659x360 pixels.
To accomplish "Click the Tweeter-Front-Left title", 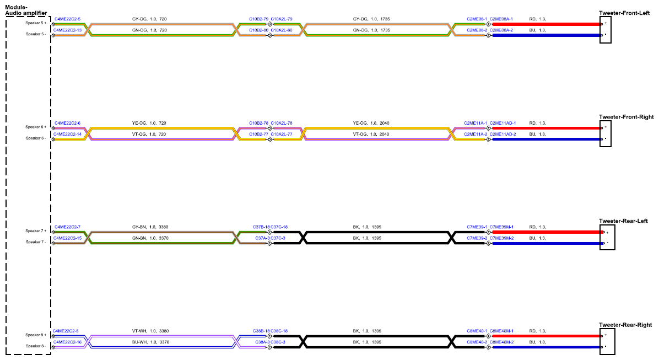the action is [x=624, y=13].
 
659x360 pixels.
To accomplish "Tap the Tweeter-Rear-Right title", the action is [x=625, y=325].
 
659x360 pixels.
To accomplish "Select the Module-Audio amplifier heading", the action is [x=26, y=10].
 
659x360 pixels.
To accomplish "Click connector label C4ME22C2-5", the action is [x=67, y=19].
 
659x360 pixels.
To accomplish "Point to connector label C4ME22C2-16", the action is [x=67, y=342].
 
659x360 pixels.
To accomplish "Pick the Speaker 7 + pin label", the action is [x=36, y=231].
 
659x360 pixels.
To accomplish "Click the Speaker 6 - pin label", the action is [x=36, y=138].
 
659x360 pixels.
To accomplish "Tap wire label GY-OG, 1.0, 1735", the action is [x=371, y=19].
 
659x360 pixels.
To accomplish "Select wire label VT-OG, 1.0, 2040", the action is [x=371, y=134].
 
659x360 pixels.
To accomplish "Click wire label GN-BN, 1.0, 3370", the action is [x=150, y=238].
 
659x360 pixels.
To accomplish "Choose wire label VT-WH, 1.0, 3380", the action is [x=150, y=331].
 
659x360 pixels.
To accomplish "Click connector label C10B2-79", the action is [x=258, y=19].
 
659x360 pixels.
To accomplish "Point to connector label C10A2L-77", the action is [x=282, y=134].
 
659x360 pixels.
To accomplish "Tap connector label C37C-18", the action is [x=279, y=227].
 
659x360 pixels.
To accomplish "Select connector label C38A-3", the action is [x=262, y=342].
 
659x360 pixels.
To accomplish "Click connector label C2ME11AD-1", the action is [x=503, y=123].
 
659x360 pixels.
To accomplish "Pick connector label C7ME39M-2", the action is [x=501, y=238].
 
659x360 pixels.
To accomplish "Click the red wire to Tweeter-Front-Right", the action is [x=547, y=128].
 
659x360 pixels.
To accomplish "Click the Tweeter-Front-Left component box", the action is [x=605, y=30].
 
